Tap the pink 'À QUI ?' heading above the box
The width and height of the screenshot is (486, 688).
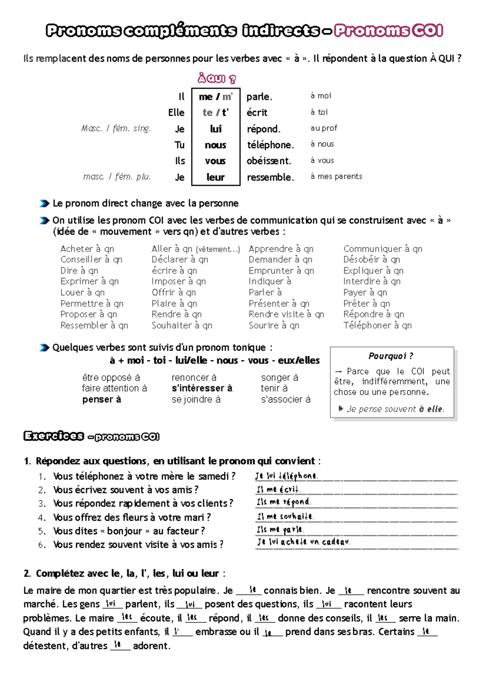click(216, 78)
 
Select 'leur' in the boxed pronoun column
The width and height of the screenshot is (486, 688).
click(215, 177)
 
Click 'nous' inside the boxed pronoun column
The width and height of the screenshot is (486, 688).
click(215, 145)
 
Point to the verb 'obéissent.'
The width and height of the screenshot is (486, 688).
click(269, 161)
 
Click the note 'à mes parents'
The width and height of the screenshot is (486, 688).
click(336, 176)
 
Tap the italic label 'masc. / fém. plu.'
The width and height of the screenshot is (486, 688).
click(117, 177)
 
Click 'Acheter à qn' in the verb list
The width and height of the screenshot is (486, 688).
click(87, 249)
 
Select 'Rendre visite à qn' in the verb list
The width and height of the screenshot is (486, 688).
click(286, 314)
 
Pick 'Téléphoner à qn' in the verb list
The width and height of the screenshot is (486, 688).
click(377, 325)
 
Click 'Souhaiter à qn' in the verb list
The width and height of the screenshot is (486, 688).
click(182, 325)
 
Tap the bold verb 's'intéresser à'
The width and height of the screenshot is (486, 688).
click(202, 388)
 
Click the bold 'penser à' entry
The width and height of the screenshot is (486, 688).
click(102, 399)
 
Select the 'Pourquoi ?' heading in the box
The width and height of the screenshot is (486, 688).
click(390, 356)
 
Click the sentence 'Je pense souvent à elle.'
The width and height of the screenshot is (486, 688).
click(395, 409)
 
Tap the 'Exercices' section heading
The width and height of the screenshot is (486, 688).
click(54, 436)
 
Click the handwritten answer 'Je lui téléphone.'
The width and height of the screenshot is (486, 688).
click(286, 476)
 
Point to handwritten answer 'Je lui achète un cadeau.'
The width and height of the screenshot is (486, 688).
click(303, 542)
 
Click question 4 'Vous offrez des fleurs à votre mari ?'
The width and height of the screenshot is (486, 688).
click(132, 517)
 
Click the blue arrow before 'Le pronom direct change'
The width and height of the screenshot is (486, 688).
click(44, 203)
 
